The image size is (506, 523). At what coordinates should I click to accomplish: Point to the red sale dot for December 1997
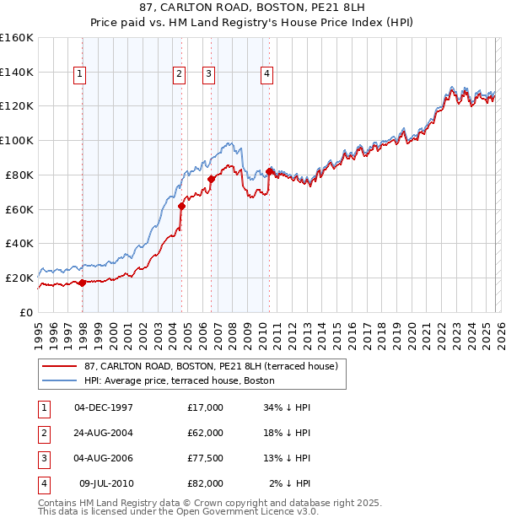pos(82,283)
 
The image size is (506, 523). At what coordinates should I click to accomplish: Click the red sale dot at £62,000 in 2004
pos(181,205)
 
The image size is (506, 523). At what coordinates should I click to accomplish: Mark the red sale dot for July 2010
pos(269,171)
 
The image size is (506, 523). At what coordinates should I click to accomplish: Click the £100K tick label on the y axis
pos(16,140)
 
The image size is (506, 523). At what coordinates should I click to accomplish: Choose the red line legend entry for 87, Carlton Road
pos(211,366)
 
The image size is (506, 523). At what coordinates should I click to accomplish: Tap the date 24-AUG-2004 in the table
pos(104,433)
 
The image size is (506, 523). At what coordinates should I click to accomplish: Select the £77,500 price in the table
pos(206,458)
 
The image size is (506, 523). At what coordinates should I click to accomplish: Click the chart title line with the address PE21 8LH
pos(252,9)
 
